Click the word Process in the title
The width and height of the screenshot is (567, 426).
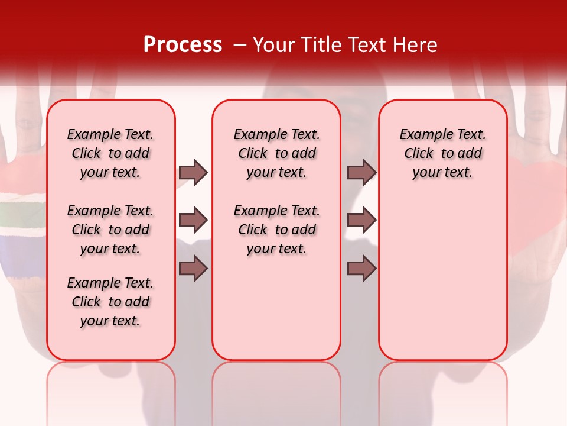(183, 44)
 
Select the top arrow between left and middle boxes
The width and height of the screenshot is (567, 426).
(193, 172)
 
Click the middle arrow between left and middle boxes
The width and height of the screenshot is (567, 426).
(193, 220)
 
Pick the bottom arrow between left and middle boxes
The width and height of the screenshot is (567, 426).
(193, 269)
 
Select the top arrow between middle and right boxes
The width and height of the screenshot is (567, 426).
(361, 172)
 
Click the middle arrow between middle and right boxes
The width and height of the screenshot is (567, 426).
(361, 220)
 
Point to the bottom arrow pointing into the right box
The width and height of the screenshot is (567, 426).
(361, 269)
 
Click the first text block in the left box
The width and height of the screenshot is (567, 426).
(110, 153)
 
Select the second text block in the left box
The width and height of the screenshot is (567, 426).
(110, 230)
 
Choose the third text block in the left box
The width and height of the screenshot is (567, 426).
(110, 302)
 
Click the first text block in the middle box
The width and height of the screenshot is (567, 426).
(276, 153)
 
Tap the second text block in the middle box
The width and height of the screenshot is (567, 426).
(276, 230)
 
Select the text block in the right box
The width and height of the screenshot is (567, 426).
(442, 153)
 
